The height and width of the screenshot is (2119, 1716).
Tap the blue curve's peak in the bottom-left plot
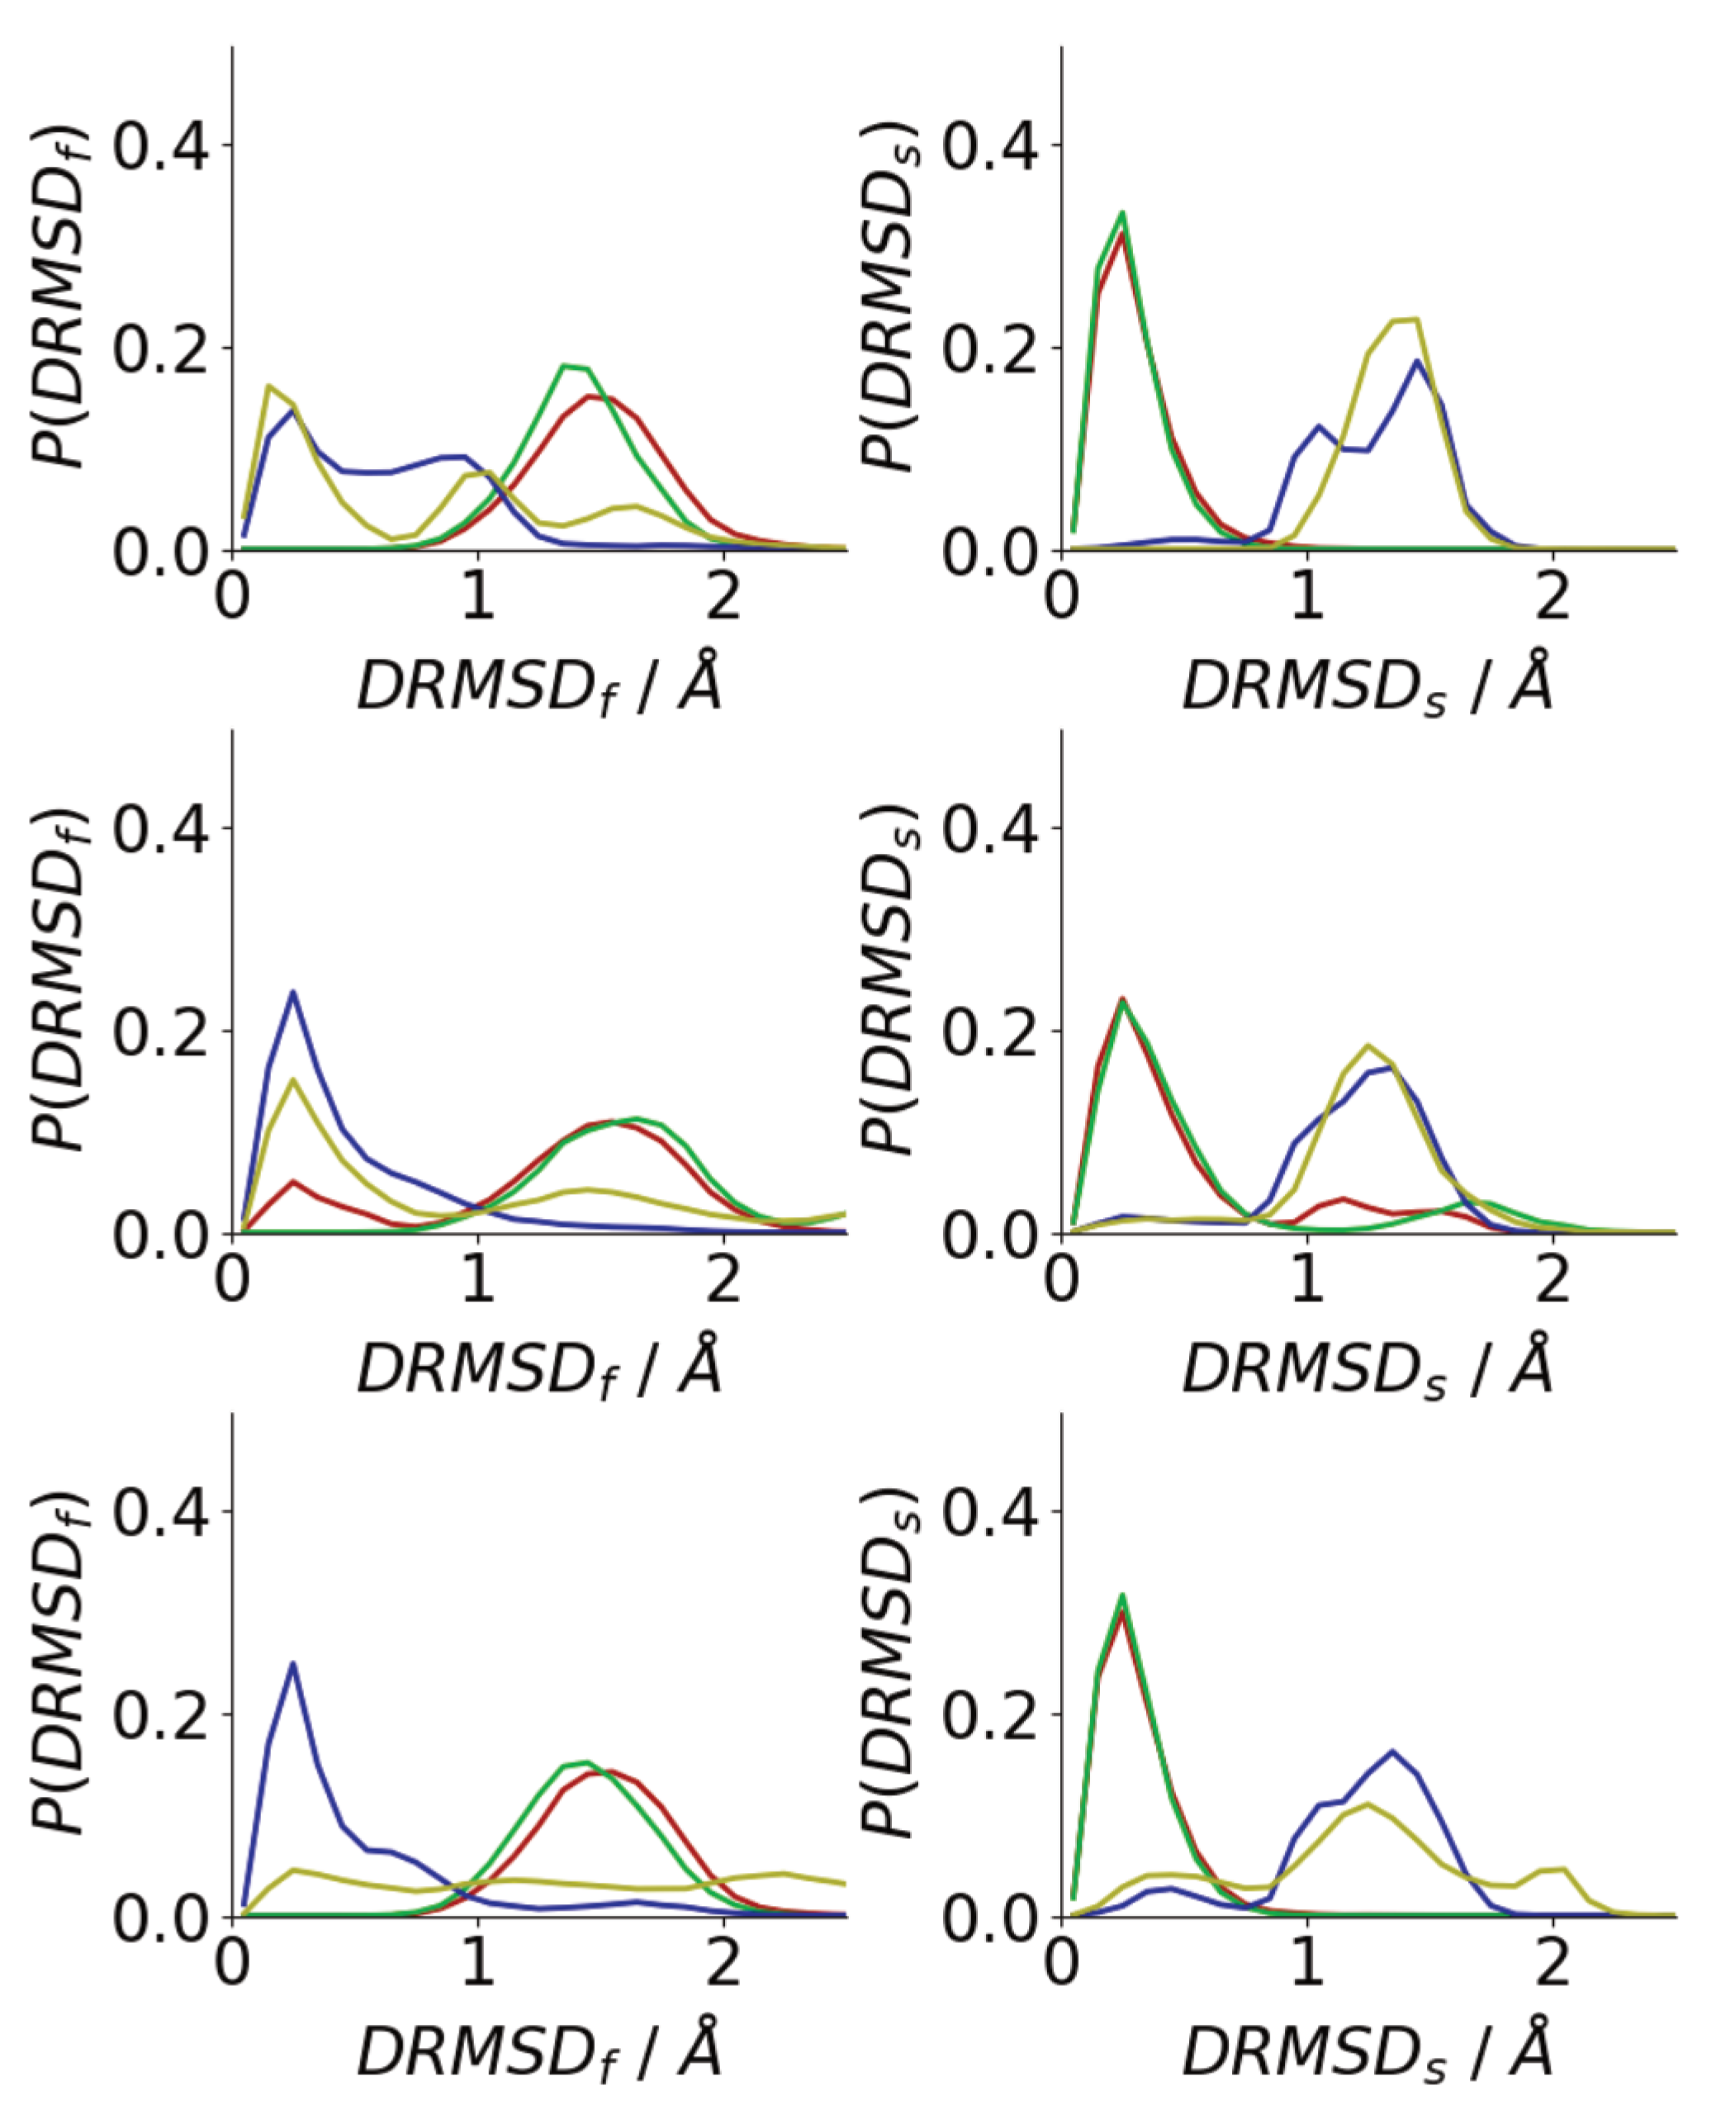tap(292, 1663)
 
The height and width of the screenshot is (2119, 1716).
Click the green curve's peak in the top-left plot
tap(564, 366)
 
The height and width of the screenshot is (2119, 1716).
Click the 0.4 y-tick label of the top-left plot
tap(161, 146)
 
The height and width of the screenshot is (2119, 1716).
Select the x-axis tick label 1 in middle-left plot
tap(477, 1280)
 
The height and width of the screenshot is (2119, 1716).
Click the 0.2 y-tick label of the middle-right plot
tap(989, 1031)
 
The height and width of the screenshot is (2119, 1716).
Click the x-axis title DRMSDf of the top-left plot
tap(538, 684)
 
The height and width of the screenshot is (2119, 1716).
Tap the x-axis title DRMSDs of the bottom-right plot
tap(1367, 2052)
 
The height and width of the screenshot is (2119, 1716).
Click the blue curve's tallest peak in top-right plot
tap(1416, 361)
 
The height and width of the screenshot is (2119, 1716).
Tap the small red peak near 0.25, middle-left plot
tap(292, 1181)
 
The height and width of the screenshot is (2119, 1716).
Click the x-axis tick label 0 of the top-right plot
tap(1062, 598)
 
